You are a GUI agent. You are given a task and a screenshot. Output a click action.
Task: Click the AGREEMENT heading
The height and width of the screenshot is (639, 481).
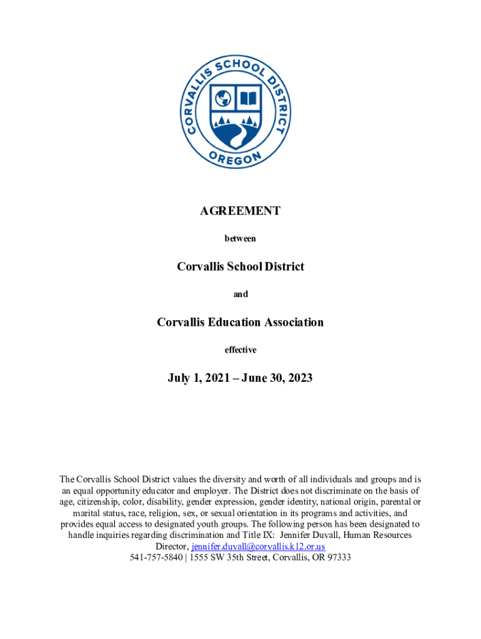click(x=240, y=211)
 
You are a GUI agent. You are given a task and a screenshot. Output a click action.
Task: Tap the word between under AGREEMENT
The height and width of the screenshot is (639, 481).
click(x=240, y=238)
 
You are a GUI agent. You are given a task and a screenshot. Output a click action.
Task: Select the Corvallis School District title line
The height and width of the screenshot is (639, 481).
click(x=240, y=266)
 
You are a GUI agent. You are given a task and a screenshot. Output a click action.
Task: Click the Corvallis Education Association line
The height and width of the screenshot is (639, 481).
click(x=240, y=323)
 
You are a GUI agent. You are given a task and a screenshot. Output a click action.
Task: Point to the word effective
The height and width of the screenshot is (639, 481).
click(x=240, y=350)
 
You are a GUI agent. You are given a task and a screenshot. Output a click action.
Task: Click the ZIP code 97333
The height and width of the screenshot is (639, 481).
click(x=338, y=557)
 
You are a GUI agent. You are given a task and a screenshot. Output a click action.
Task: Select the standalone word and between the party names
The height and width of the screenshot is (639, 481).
click(x=240, y=295)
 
